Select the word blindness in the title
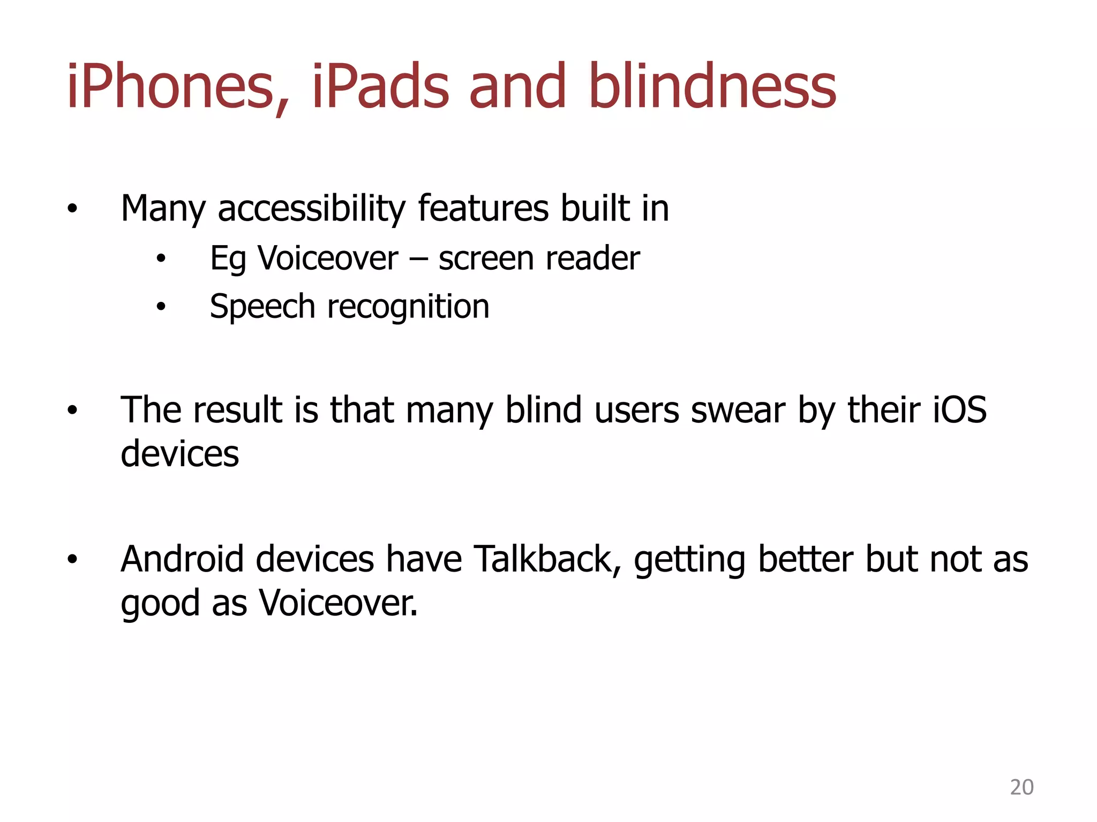click(x=712, y=87)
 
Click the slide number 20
click(x=1021, y=787)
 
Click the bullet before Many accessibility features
click(x=72, y=209)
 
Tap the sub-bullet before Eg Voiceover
click(x=161, y=260)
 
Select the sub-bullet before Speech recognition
click(x=161, y=307)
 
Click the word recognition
click(x=408, y=307)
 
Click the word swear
click(x=738, y=410)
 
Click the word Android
click(x=182, y=560)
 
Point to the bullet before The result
click(x=72, y=412)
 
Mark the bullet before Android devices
click(x=72, y=560)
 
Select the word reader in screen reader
click(x=592, y=259)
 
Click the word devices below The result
click(x=180, y=454)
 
